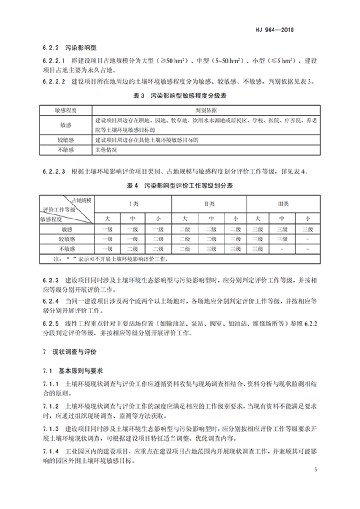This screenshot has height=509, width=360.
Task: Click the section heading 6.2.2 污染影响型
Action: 73,46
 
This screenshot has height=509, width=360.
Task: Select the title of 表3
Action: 180,96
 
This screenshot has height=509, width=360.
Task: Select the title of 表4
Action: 180,185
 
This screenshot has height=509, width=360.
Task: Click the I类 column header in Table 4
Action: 133,204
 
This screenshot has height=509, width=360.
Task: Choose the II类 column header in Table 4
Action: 210,204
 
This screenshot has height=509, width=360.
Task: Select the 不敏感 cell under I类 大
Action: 107,249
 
